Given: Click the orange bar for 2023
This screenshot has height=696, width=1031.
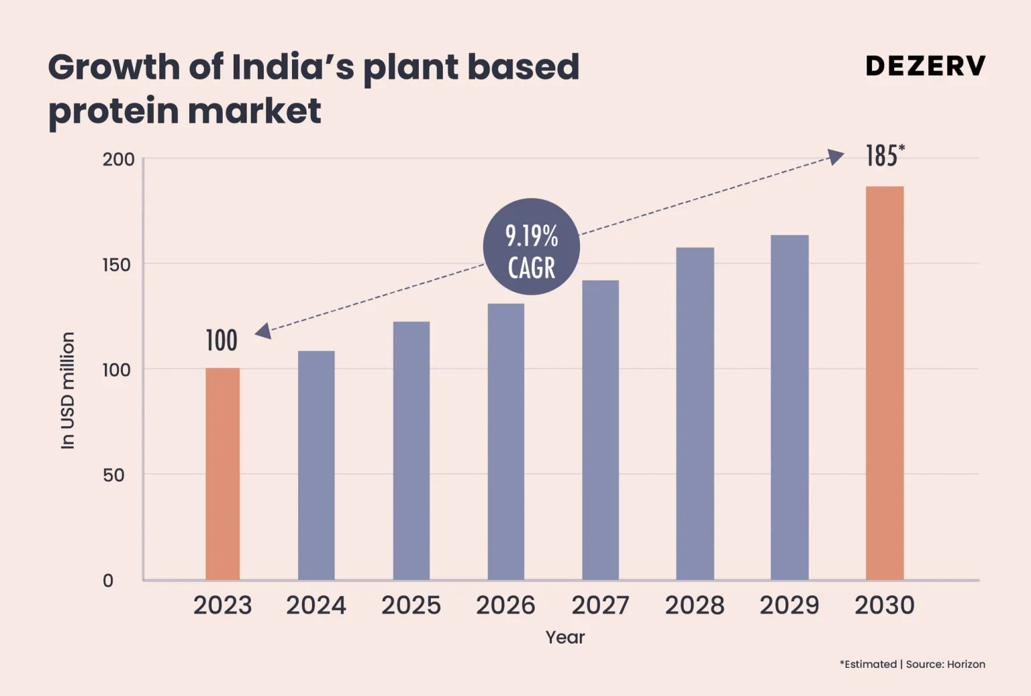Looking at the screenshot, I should click(222, 473).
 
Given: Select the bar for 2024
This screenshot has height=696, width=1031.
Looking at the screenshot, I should click(316, 464).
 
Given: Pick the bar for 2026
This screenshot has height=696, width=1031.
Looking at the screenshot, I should click(505, 441).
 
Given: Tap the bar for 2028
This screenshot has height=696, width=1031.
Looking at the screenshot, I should click(695, 413).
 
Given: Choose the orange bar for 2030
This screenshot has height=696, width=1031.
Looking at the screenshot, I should click(884, 383).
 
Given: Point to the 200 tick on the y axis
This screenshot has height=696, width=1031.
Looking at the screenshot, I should click(118, 160).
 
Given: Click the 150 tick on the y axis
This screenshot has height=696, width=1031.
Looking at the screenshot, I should click(116, 265).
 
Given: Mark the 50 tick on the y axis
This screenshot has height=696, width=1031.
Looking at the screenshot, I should click(113, 475).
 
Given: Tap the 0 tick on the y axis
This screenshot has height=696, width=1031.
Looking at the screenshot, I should click(108, 581).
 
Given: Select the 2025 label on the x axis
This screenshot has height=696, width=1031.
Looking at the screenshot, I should click(411, 605).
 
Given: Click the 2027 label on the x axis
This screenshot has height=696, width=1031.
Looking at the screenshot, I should click(600, 605).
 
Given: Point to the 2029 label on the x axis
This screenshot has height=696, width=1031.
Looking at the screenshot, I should click(789, 605).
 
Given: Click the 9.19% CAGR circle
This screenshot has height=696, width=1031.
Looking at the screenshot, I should click(531, 246).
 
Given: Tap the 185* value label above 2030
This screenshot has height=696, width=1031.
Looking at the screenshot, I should click(885, 156).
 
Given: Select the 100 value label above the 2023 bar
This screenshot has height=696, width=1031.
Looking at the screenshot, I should click(222, 340).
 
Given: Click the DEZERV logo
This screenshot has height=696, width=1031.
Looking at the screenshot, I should click(926, 66).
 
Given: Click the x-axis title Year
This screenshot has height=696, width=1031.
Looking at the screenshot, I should click(564, 637).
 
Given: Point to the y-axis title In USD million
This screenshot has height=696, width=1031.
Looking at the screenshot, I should click(68, 390).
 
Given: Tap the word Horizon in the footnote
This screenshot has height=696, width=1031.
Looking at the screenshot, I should click(966, 664).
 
